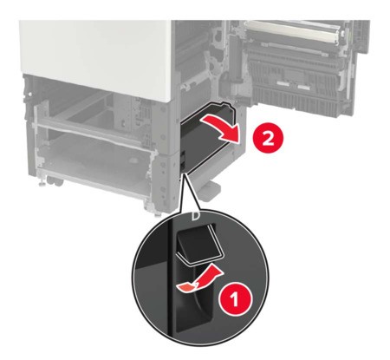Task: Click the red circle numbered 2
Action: pyautogui.click(x=268, y=139)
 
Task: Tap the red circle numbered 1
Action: pyautogui.click(x=235, y=298)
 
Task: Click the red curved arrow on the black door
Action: pyautogui.click(x=223, y=128)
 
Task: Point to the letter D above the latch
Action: pyautogui.click(x=195, y=215)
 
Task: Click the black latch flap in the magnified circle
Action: pyautogui.click(x=200, y=242)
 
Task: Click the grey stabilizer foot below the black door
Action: pyautogui.click(x=211, y=190)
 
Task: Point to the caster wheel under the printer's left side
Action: pyautogui.click(x=55, y=182)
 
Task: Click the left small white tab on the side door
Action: pyautogui.click(x=283, y=83)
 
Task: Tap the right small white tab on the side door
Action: pyautogui.click(x=303, y=87)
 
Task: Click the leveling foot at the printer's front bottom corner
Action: pyautogui.click(x=157, y=215)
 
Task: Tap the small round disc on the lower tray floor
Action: pyautogui.click(x=133, y=160)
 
